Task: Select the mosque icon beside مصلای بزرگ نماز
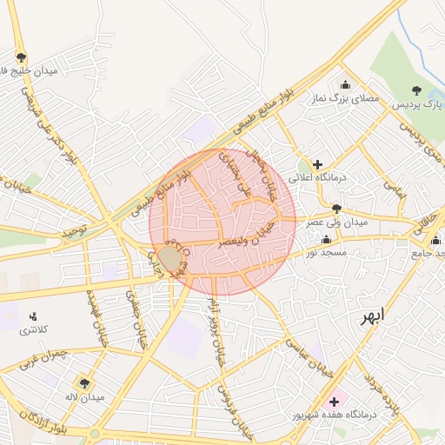[346, 84]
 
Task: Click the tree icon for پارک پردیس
[417, 90]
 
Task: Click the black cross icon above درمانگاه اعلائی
[317, 163]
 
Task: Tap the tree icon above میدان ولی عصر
[336, 208]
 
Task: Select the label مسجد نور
[326, 252]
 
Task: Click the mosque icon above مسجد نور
[326, 238]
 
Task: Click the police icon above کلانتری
[33, 315]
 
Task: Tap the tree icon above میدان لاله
[84, 382]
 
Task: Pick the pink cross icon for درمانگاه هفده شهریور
[334, 402]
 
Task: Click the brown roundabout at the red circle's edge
[169, 258]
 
